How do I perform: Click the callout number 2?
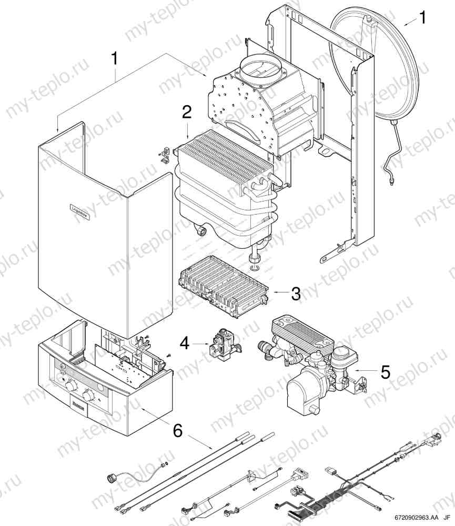(187, 112)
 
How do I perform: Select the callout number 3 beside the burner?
(296, 294)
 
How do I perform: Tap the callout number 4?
(184, 343)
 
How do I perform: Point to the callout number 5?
(386, 372)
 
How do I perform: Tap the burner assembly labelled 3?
(224, 287)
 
